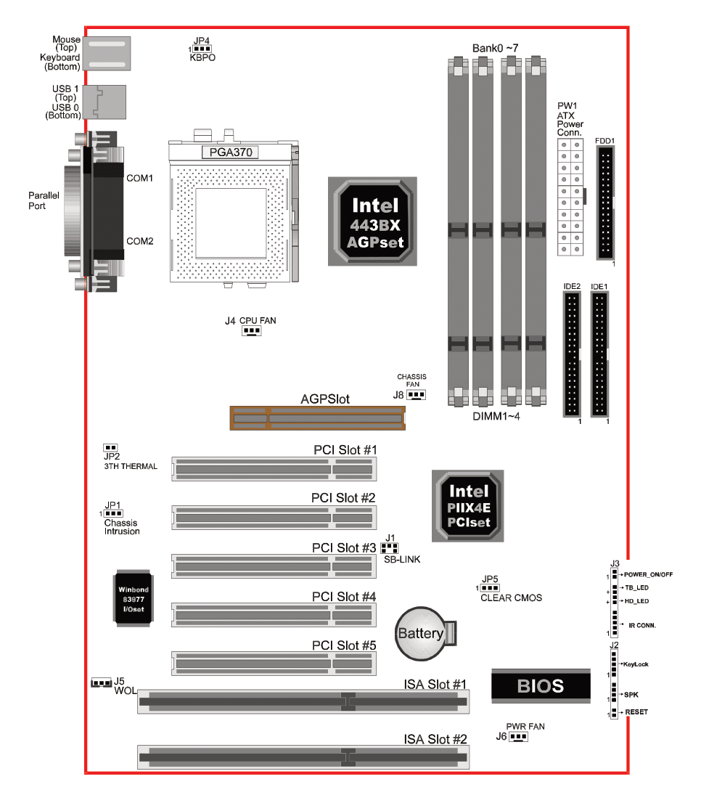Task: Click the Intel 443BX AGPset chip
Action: pos(372,221)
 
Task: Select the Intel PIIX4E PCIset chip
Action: pos(467,506)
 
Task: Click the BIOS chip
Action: pos(541,685)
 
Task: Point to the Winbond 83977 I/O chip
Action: pos(133,599)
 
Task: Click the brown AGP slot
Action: pos(317,418)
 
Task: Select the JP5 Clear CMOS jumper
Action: pos(490,588)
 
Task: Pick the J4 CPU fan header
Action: pos(251,331)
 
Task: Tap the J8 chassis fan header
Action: pos(416,395)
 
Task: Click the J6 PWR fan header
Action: pos(518,736)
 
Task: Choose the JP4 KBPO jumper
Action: pos(202,49)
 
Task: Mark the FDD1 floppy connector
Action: pos(605,203)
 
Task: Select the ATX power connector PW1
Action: pos(570,197)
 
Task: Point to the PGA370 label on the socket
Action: pos(231,152)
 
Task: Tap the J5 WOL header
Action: pos(102,683)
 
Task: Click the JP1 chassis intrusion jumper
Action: pos(113,513)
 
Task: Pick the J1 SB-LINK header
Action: pos(390,548)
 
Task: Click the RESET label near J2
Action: pos(636,712)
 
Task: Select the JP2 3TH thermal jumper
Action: pos(110,447)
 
